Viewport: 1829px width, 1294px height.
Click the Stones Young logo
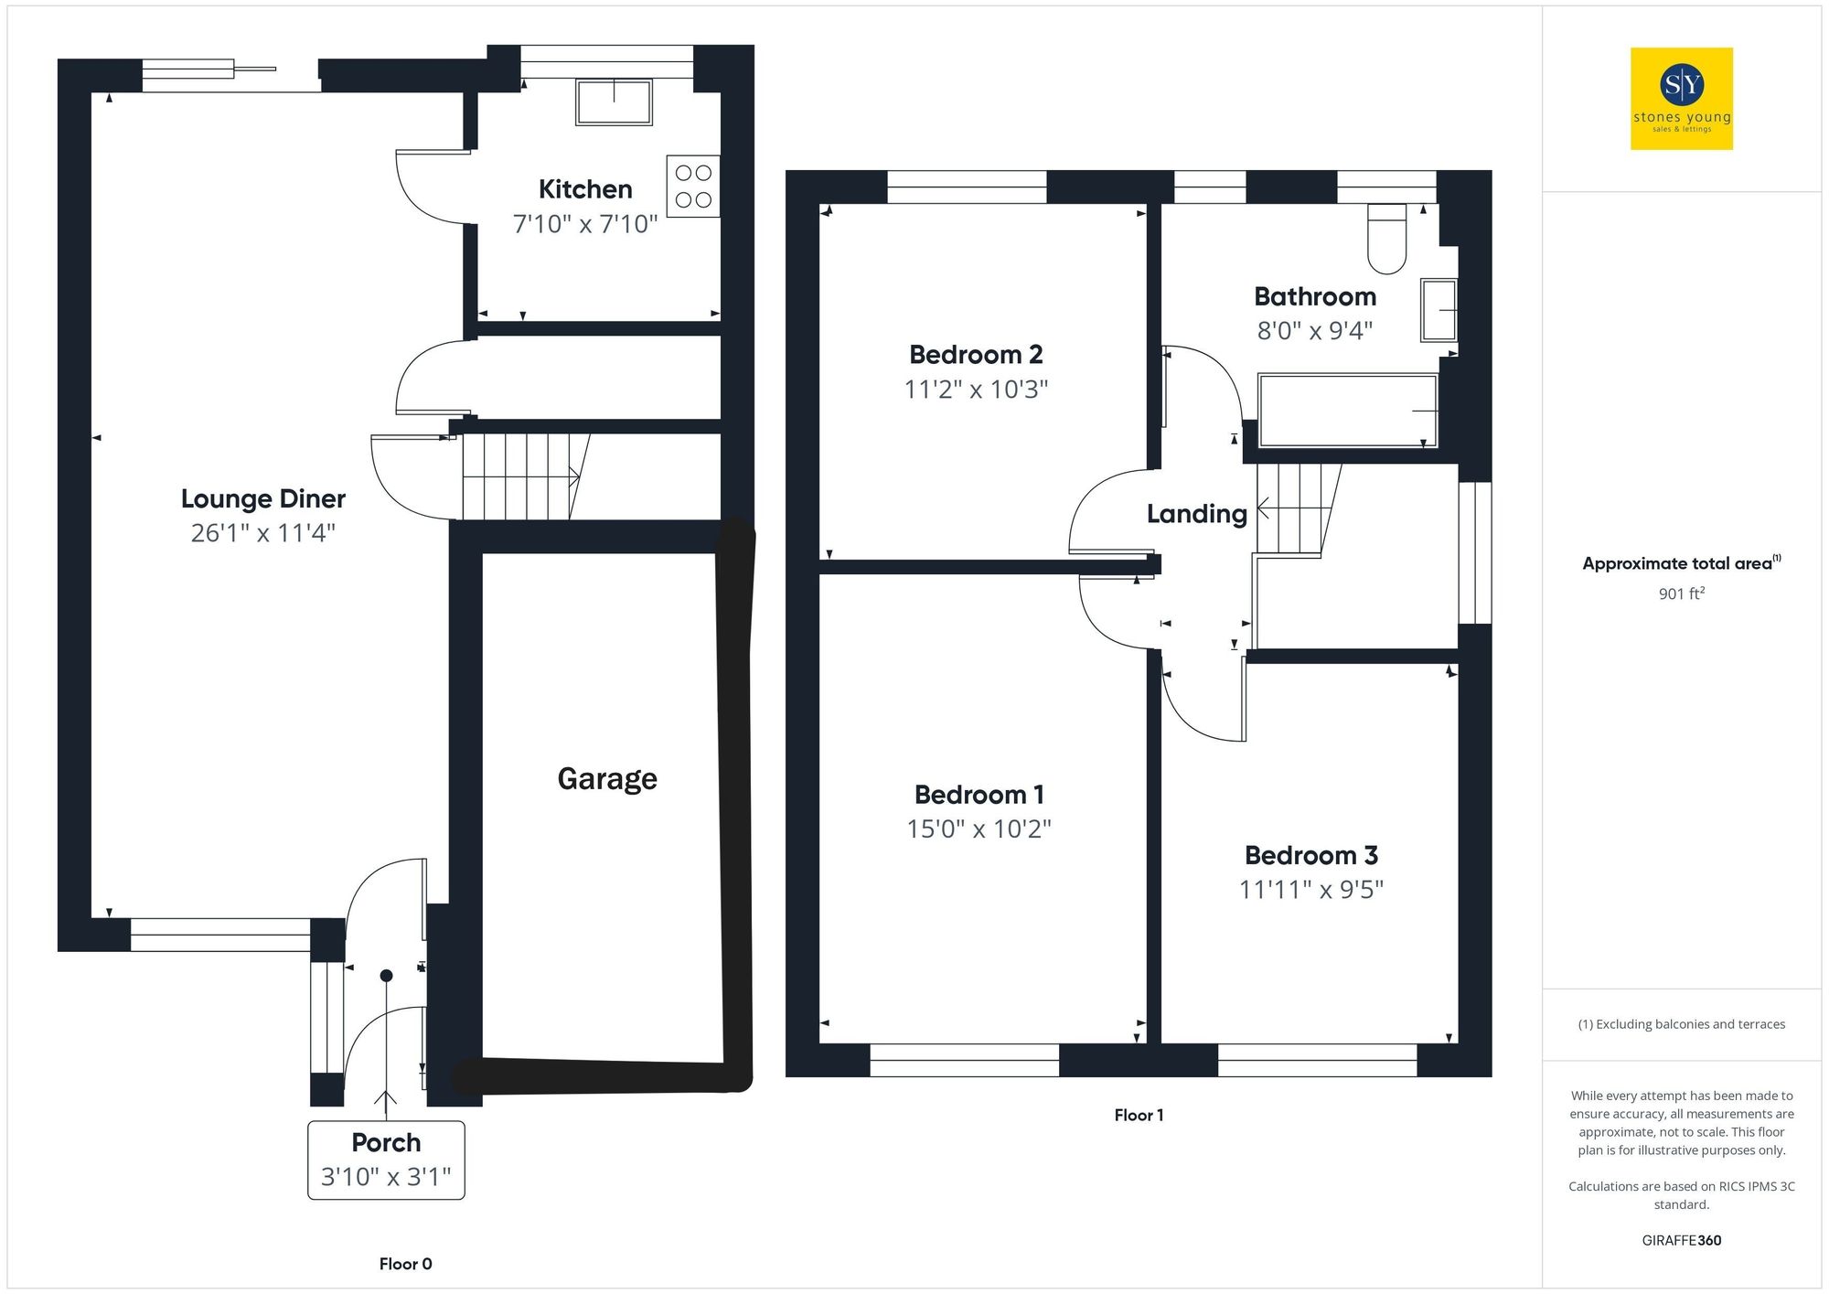click(1681, 99)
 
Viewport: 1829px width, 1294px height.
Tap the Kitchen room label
click(585, 189)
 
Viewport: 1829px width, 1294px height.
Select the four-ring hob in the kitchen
click(693, 187)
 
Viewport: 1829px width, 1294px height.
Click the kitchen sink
click(614, 102)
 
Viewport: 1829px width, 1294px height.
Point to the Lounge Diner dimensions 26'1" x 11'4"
click(263, 533)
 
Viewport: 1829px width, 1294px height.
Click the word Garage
click(607, 778)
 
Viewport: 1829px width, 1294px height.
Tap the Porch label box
click(386, 1160)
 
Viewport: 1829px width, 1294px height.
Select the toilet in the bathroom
click(1386, 239)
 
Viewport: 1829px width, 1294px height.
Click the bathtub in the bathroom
click(1347, 411)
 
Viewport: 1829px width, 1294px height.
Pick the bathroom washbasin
click(1439, 310)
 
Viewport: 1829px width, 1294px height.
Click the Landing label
click(1196, 514)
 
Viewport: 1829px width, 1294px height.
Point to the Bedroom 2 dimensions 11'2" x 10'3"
click(976, 390)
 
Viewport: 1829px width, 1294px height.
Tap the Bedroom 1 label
click(979, 795)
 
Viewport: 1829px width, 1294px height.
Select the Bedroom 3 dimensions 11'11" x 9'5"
click(1310, 890)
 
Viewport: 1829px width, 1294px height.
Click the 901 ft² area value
click(1681, 594)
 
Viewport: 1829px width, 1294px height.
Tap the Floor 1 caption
click(1139, 1115)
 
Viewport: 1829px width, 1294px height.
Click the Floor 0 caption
click(405, 1264)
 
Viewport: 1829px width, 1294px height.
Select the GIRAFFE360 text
click(1681, 1241)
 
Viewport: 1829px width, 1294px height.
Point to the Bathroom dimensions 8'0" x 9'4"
click(1314, 331)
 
